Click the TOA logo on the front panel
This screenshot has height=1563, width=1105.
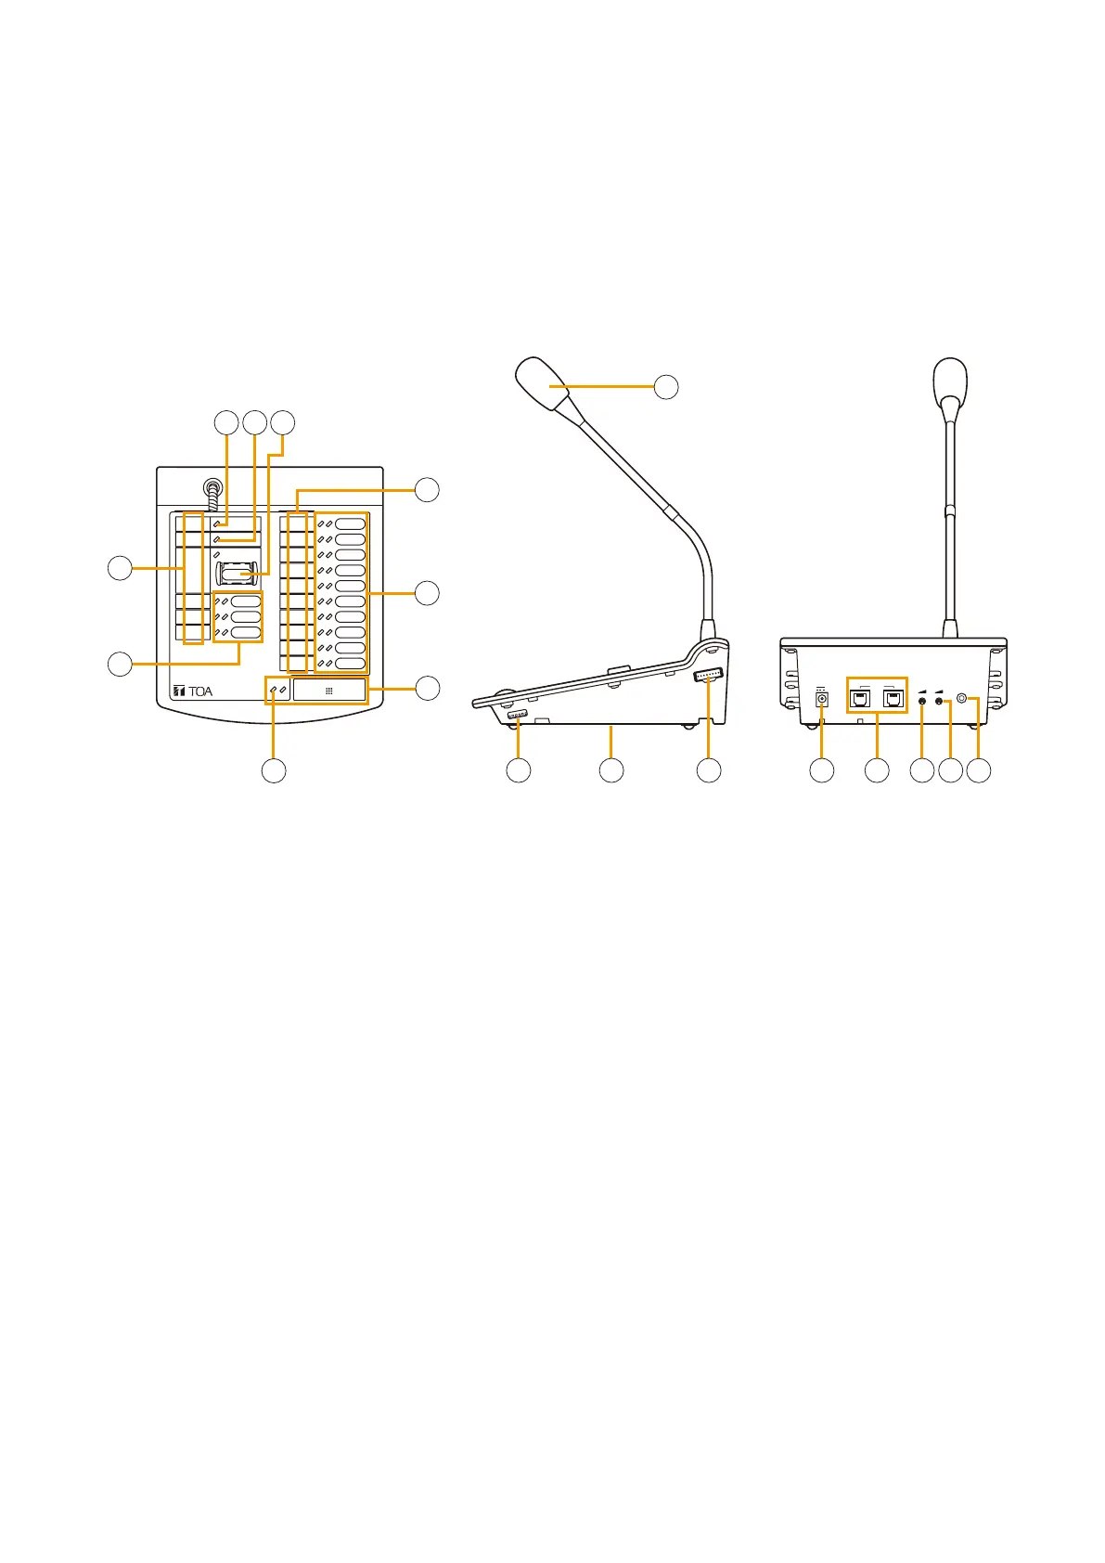pyautogui.click(x=193, y=691)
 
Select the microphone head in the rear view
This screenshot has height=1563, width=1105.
pyautogui.click(x=950, y=381)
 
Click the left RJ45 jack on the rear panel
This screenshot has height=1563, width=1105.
pyautogui.click(x=860, y=700)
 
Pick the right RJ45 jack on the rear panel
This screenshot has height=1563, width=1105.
pyautogui.click(x=894, y=700)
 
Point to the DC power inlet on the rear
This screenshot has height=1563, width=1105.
pyautogui.click(x=821, y=700)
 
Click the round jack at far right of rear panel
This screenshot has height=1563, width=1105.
pyautogui.click(x=962, y=699)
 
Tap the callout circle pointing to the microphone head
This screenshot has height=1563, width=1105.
pyautogui.click(x=666, y=387)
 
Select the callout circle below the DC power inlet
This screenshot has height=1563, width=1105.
pyautogui.click(x=822, y=770)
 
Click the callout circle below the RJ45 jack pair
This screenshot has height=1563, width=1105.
pyautogui.click(x=877, y=770)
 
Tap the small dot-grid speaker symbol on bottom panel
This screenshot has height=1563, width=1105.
pyautogui.click(x=329, y=691)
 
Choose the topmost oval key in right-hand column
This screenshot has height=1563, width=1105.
pyautogui.click(x=350, y=524)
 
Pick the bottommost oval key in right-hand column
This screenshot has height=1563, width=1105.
pyautogui.click(x=350, y=664)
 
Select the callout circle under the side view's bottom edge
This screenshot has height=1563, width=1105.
pyautogui.click(x=610, y=770)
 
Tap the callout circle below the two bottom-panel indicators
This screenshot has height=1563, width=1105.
pyautogui.click(x=274, y=770)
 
